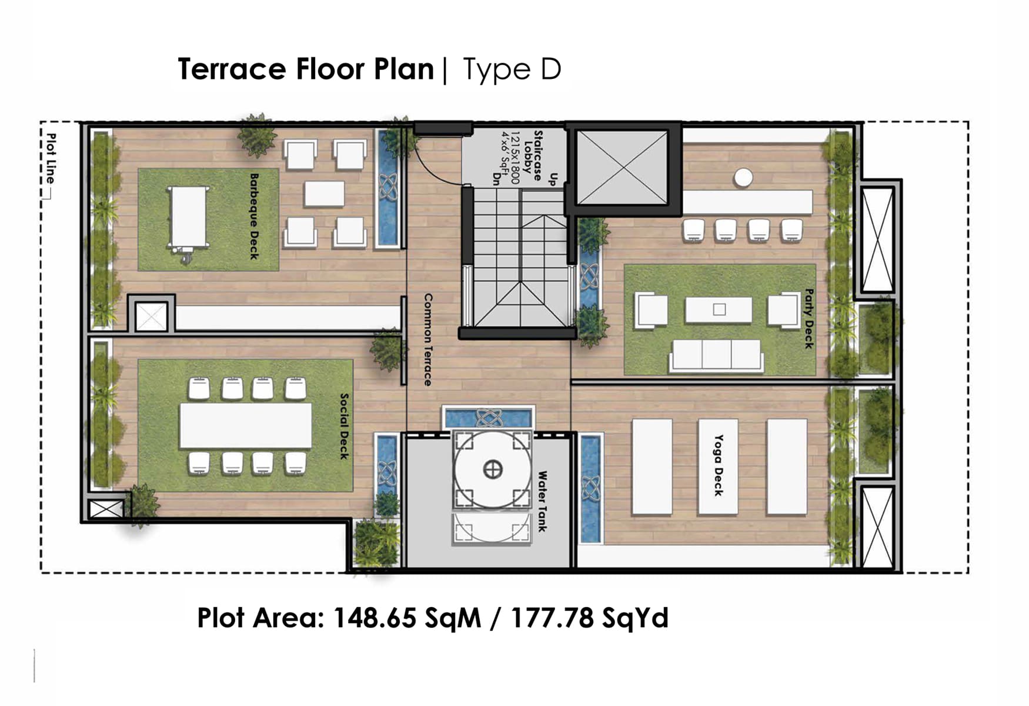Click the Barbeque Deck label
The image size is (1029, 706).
point(254,216)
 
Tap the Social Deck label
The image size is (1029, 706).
point(345,426)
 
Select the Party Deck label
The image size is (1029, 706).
point(809,318)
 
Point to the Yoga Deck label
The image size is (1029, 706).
point(718,465)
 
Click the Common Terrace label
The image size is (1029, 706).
point(428,340)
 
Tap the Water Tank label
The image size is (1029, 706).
point(542,501)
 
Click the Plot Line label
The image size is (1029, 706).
point(52,158)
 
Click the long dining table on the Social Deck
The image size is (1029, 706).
point(246,425)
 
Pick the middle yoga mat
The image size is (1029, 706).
point(718,467)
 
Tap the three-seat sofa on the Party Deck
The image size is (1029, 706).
point(716,355)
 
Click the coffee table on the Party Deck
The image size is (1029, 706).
point(719,310)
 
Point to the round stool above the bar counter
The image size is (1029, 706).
point(743,177)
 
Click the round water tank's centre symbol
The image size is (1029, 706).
point(493,469)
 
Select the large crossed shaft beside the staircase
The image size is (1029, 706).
point(623,168)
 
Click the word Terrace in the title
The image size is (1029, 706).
point(232,69)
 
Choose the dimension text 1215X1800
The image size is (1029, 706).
point(516,157)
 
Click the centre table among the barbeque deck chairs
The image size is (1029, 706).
point(324,194)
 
